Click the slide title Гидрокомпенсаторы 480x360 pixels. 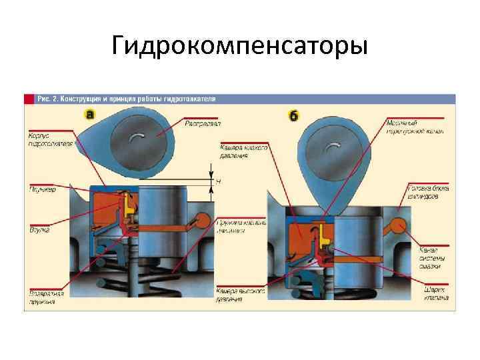[x=239, y=47]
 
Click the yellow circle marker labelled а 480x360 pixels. [x=91, y=115]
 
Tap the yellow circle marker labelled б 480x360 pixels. [x=294, y=115]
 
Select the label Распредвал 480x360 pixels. [x=203, y=123]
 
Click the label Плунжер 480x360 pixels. [x=42, y=189]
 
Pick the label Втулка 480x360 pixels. [x=39, y=229]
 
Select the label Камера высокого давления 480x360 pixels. [x=241, y=295]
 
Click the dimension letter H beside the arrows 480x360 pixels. [x=219, y=181]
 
